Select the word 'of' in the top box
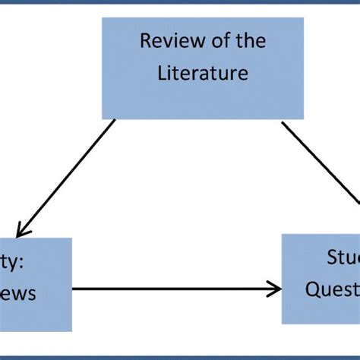click(x=208, y=41)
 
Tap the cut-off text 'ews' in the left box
click(x=18, y=294)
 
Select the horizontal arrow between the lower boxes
click(x=175, y=289)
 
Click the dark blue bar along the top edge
click(x=180, y=2)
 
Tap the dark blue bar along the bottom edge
click(x=180, y=357)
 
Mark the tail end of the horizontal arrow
click(x=74, y=289)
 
